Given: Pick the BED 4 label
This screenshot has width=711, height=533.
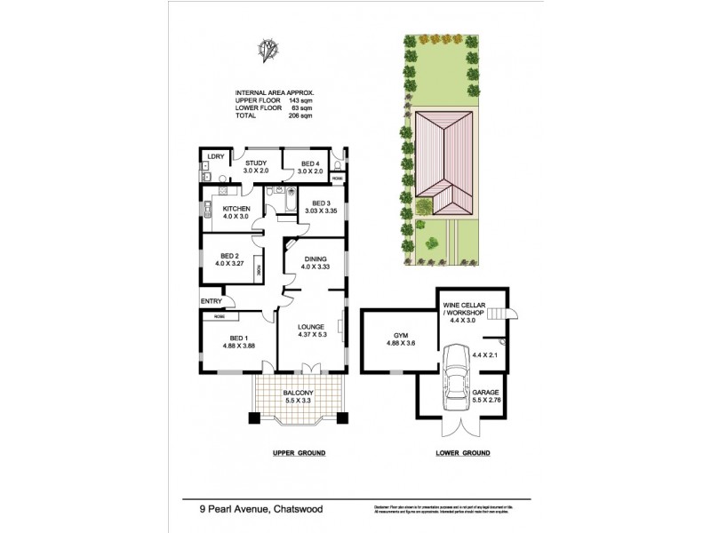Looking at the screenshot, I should point(309,163).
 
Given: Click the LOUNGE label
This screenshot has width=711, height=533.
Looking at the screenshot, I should point(311,326).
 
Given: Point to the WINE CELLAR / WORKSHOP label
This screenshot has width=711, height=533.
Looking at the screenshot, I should point(463,309).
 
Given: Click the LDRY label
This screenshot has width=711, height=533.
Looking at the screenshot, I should point(214,157).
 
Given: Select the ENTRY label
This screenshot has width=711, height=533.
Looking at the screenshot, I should point(211,300).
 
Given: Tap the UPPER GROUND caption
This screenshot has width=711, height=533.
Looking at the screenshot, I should point(299,453).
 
